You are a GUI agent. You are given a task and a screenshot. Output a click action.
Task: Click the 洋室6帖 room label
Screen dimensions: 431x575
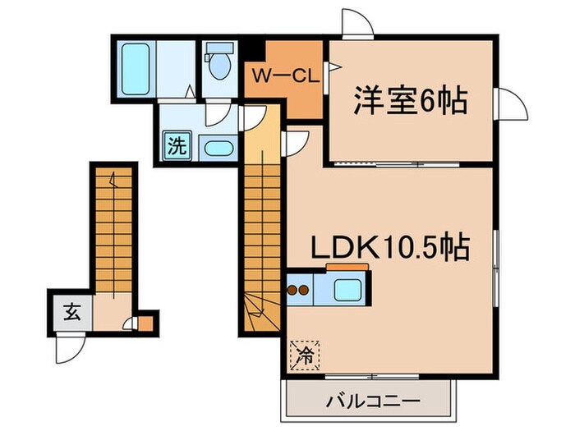point(410,102)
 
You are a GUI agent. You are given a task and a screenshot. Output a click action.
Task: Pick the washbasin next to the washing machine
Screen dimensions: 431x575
point(216,150)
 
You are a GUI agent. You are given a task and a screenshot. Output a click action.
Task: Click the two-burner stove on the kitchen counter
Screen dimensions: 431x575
point(297,289)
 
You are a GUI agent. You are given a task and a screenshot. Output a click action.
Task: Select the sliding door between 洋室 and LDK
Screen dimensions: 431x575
point(411,163)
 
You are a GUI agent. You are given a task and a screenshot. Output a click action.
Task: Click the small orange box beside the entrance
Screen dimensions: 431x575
point(145,323)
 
